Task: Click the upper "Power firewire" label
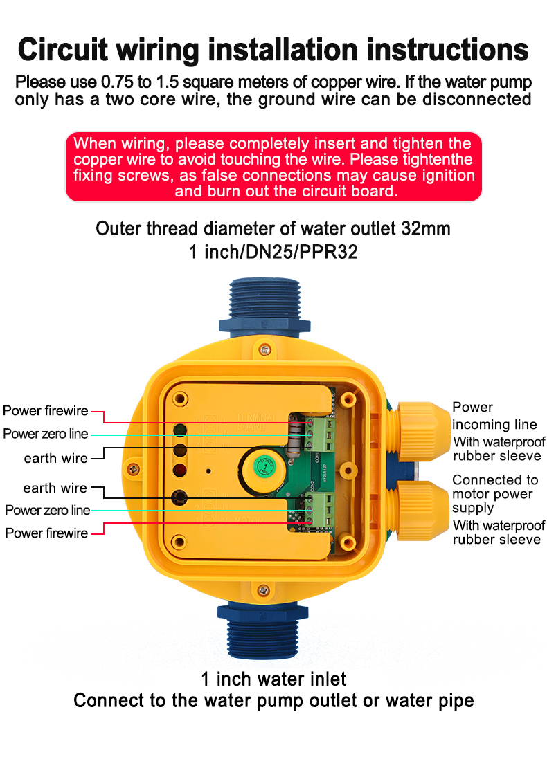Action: coord(46,411)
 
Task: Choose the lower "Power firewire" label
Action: coord(47,533)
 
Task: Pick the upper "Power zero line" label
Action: coord(46,434)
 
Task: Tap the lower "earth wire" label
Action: coord(55,488)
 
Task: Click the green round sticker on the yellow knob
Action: coord(263,466)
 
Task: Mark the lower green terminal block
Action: coord(321,511)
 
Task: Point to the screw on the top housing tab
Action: coord(263,351)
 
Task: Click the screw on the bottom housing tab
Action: coord(262,590)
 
